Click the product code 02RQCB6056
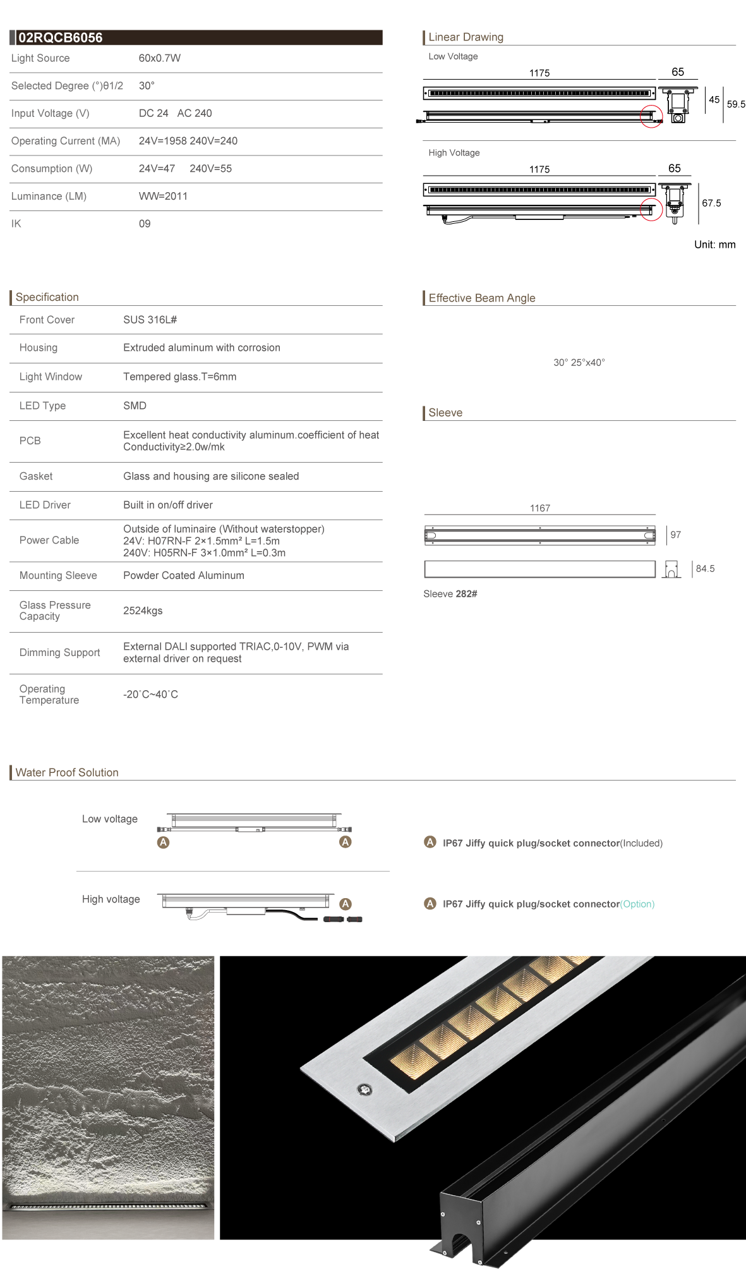tap(60, 38)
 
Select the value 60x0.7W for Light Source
tap(160, 58)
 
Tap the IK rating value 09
tap(145, 224)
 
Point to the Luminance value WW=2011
tap(163, 196)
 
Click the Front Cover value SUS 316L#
tap(150, 320)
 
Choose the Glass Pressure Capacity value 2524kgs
tap(143, 611)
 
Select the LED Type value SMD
tap(135, 406)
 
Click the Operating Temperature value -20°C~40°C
tap(150, 695)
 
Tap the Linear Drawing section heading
tap(466, 37)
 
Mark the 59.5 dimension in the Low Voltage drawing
tap(736, 104)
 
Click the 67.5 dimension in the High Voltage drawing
tap(711, 203)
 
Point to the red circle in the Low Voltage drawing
tap(651, 116)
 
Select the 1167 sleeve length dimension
tap(540, 508)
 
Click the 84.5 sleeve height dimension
tap(705, 569)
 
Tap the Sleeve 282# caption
tap(450, 594)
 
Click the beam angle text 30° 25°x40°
tap(579, 363)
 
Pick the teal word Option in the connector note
tap(637, 904)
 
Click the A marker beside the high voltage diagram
tap(346, 904)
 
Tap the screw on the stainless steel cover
tap(365, 1089)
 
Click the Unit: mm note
tap(714, 245)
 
